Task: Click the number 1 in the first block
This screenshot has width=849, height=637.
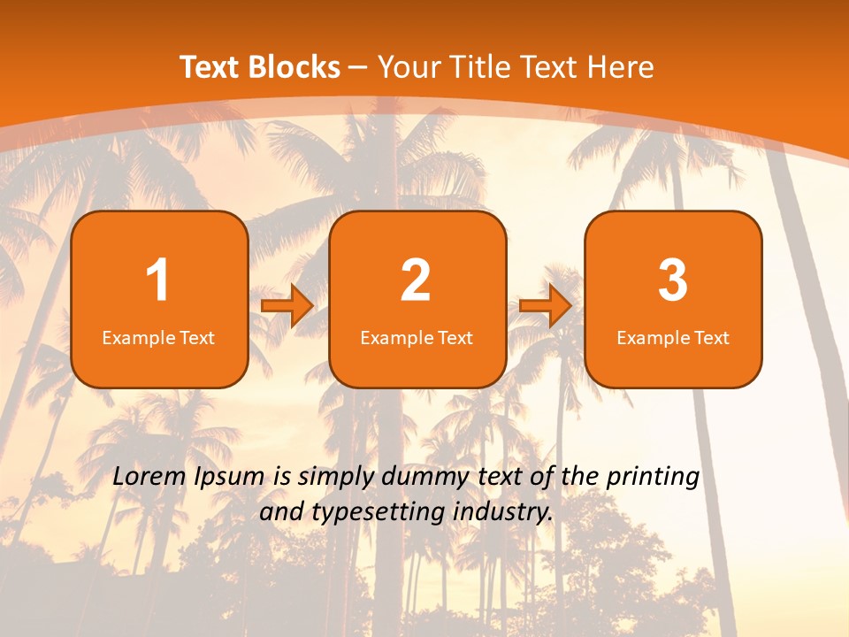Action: tap(157, 280)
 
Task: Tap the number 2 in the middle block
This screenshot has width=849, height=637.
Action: tap(416, 280)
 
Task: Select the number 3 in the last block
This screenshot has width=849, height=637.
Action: tap(673, 280)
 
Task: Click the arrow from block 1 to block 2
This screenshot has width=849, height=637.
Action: tap(287, 306)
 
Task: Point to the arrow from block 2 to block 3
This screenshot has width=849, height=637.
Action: tap(546, 306)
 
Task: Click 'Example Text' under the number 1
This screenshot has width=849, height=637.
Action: tap(158, 338)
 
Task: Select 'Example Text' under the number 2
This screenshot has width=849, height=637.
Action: tap(417, 338)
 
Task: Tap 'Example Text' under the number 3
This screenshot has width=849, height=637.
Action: tap(673, 338)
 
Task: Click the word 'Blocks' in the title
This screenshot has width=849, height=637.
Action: tap(293, 66)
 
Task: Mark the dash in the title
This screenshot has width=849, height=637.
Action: tap(359, 66)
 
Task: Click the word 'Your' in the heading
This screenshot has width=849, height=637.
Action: tap(409, 66)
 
